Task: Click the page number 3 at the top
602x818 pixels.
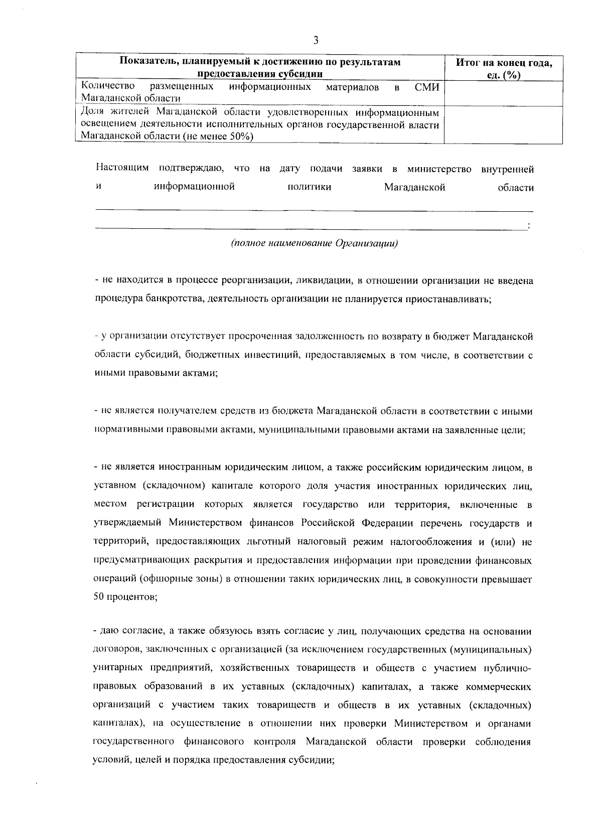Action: tap(316, 40)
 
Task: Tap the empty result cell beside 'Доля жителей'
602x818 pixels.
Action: tap(504, 124)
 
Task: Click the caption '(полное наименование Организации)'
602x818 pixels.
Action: tap(315, 244)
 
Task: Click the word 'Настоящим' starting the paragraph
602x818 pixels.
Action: tap(122, 169)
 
